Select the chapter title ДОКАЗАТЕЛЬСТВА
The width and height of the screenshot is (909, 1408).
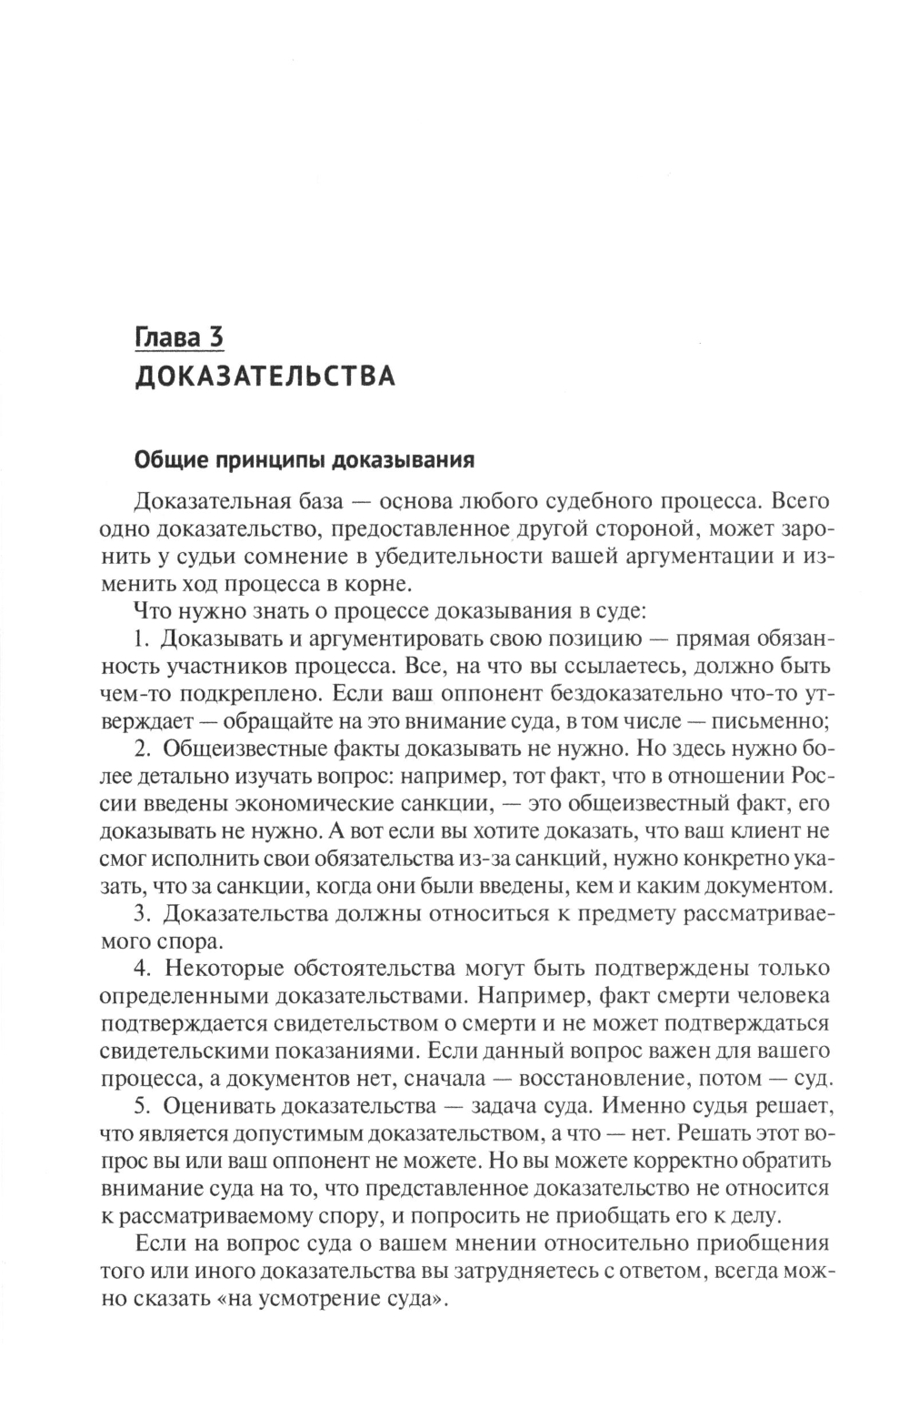point(264,377)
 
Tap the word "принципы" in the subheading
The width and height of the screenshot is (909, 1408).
point(267,460)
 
